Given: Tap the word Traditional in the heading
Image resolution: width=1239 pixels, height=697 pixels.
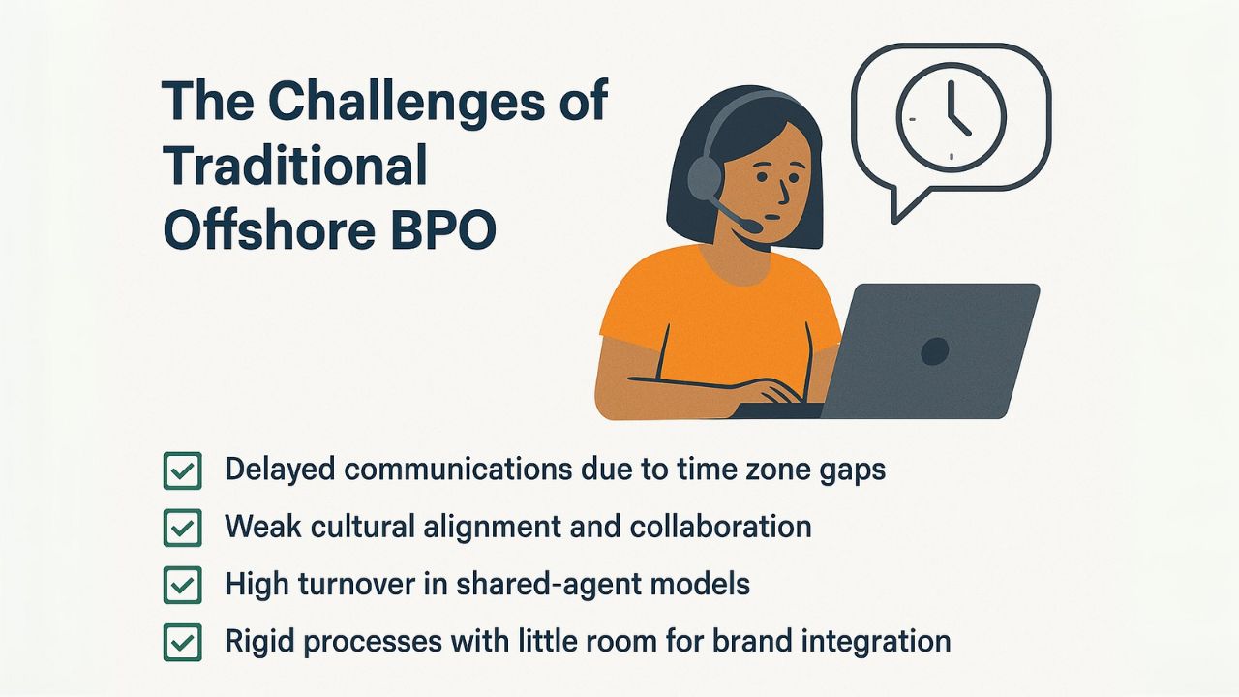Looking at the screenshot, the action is pos(295,165).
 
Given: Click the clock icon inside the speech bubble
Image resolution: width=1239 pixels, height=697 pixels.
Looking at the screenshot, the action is pos(951,117).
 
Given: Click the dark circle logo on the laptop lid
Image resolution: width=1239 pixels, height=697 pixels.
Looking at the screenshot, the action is pos(935,350).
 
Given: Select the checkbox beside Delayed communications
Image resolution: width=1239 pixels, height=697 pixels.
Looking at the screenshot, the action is pos(183,470).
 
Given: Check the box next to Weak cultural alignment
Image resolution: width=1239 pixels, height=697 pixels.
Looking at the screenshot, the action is pos(183,528).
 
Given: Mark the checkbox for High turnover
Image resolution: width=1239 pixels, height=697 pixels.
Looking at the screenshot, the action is pos(183,585).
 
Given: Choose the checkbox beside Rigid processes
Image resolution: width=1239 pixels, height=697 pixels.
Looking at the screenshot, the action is pos(183,642).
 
